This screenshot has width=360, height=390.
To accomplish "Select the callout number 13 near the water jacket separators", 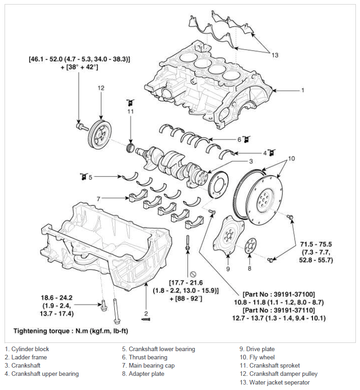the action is point(275,55).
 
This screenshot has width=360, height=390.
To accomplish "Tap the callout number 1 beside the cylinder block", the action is point(302,90).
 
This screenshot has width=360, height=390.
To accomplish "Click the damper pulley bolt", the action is point(82,127).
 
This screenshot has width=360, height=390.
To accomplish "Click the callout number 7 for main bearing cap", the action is point(98,199).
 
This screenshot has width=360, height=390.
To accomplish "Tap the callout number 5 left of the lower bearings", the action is point(90,177).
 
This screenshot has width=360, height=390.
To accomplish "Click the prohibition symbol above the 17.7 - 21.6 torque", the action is point(193,274).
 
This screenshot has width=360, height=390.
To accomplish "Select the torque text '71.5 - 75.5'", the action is point(316,244).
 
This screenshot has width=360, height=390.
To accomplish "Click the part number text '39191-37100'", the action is point(294,294).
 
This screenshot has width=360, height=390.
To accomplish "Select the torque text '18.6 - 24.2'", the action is point(57,298).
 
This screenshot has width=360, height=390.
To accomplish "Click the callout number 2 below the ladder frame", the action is point(146,314).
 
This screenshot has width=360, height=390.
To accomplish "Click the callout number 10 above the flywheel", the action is point(291,159).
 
